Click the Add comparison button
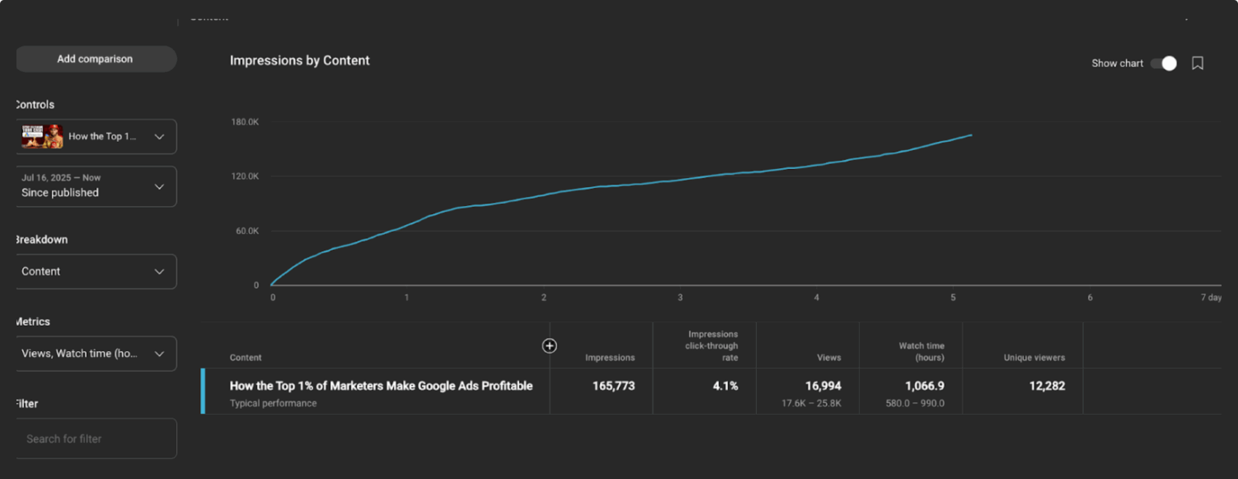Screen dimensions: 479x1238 (95, 59)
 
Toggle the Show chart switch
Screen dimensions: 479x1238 (1164, 63)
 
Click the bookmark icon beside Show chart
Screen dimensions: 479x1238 (1197, 63)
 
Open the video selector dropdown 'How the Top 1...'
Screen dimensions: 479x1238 (96, 136)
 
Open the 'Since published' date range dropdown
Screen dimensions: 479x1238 (96, 186)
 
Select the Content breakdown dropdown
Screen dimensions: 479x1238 (96, 271)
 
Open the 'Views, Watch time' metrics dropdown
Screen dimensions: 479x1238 (96, 354)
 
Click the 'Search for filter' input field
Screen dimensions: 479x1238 (96, 439)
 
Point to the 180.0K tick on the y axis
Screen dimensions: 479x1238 (245, 122)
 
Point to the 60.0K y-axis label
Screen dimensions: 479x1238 (247, 231)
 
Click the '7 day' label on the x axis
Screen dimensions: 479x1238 (1210, 298)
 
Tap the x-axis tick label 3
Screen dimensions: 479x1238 (680, 298)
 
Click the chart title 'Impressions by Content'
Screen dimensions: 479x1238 (299, 60)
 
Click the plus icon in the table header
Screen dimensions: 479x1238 (549, 346)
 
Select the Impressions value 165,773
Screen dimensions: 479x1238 (613, 386)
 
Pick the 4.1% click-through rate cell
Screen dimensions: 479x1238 (725, 386)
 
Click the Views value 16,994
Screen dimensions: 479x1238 (823, 386)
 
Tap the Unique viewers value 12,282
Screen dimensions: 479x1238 (1046, 386)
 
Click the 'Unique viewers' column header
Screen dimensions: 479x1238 (1034, 358)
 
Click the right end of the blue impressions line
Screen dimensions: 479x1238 (971, 135)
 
